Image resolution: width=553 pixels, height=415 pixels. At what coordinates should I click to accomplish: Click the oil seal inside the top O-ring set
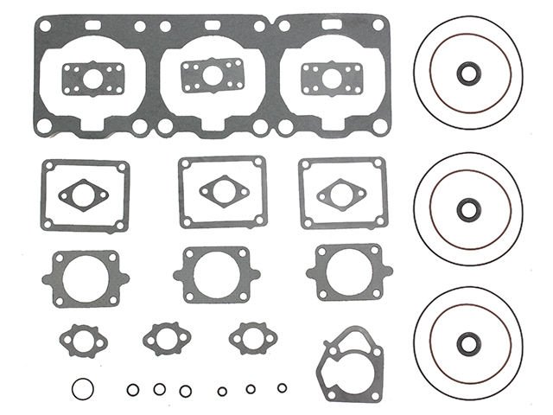tap(467, 74)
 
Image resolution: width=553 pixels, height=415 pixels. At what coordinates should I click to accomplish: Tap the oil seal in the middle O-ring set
tap(467, 207)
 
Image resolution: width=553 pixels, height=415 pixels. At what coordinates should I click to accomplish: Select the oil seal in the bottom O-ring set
tap(467, 340)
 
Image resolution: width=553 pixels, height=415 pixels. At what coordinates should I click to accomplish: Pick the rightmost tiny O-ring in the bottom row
tap(282, 386)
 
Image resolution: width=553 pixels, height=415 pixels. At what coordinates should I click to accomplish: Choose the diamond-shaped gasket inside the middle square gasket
tap(222, 189)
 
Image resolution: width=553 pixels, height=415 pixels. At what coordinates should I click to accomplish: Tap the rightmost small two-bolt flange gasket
tap(251, 336)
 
